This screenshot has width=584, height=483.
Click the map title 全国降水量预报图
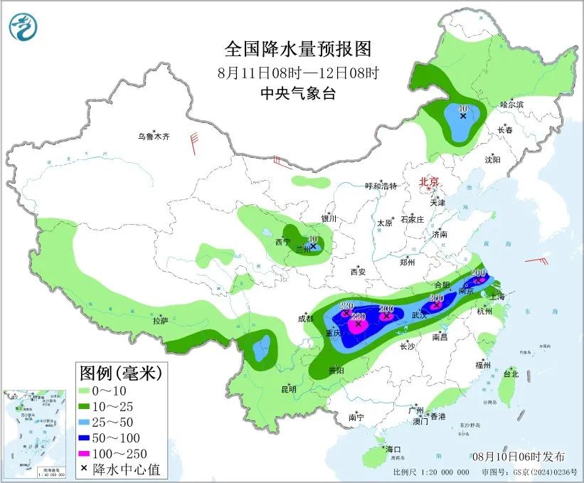click(298, 49)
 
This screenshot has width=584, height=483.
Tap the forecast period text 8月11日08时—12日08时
click(298, 73)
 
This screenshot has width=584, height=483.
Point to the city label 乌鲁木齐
click(154, 136)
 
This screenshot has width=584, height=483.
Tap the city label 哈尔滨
click(511, 105)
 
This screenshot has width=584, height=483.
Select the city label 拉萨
click(160, 321)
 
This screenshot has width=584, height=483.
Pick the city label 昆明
click(287, 388)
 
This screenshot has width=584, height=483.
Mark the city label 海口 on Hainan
click(393, 450)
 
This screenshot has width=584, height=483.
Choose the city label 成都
click(306, 318)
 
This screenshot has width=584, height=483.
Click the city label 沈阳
click(492, 160)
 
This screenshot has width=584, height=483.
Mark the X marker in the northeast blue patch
click(463, 115)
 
